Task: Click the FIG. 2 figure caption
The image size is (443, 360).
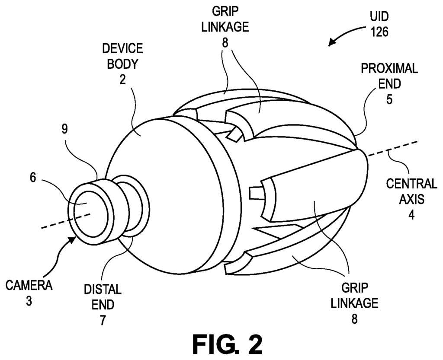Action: click(x=227, y=344)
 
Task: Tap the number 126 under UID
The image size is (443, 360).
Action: click(x=379, y=32)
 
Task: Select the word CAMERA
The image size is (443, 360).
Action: click(x=29, y=286)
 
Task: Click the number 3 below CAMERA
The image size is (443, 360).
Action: click(x=29, y=301)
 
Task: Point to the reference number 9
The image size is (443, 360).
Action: click(x=65, y=129)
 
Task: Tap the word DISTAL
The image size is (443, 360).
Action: click(x=103, y=290)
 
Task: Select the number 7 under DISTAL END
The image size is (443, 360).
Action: click(x=103, y=321)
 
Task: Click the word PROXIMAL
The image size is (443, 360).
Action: click(x=389, y=69)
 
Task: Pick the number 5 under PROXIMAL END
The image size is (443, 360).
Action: click(x=389, y=99)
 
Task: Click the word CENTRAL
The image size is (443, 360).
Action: click(x=412, y=184)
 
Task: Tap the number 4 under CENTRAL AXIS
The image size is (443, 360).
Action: click(x=411, y=215)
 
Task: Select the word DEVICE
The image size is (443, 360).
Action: click(x=122, y=48)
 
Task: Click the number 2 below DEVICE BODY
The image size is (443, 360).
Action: click(x=122, y=80)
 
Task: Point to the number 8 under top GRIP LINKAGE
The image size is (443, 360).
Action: click(x=225, y=43)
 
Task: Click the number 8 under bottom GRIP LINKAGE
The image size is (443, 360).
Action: click(x=354, y=319)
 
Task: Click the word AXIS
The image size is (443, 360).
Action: click(x=411, y=200)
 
